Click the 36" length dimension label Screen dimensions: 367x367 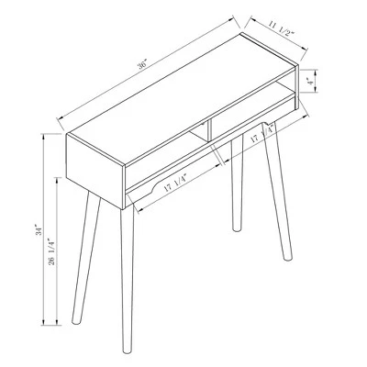click(x=143, y=66)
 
